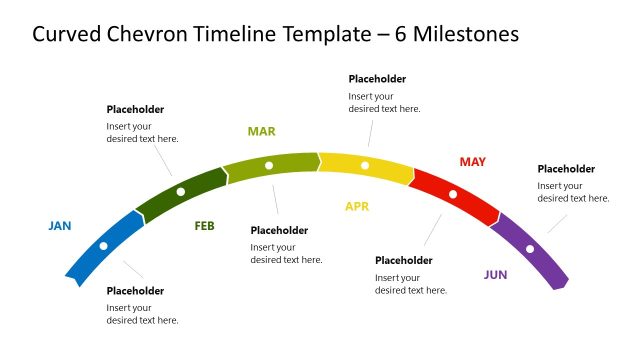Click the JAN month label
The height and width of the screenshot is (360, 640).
60,226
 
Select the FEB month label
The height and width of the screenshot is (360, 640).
204,226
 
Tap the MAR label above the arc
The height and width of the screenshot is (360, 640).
261,131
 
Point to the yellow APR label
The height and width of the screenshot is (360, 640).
357,207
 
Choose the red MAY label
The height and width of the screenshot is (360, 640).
472,161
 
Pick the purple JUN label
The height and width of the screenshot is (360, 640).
495,274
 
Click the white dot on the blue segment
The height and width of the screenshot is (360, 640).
104,245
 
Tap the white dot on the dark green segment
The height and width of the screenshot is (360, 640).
181,191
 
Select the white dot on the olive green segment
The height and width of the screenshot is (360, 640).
269,165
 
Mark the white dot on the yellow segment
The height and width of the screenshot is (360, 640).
365,165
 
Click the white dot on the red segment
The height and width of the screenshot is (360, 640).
453,194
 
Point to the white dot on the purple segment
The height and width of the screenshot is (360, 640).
530,249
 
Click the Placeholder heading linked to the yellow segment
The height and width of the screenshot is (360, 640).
377,79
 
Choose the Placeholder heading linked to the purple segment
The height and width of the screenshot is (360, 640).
566,169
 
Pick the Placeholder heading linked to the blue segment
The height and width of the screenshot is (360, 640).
135,291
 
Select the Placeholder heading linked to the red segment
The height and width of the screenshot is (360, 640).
404,261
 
